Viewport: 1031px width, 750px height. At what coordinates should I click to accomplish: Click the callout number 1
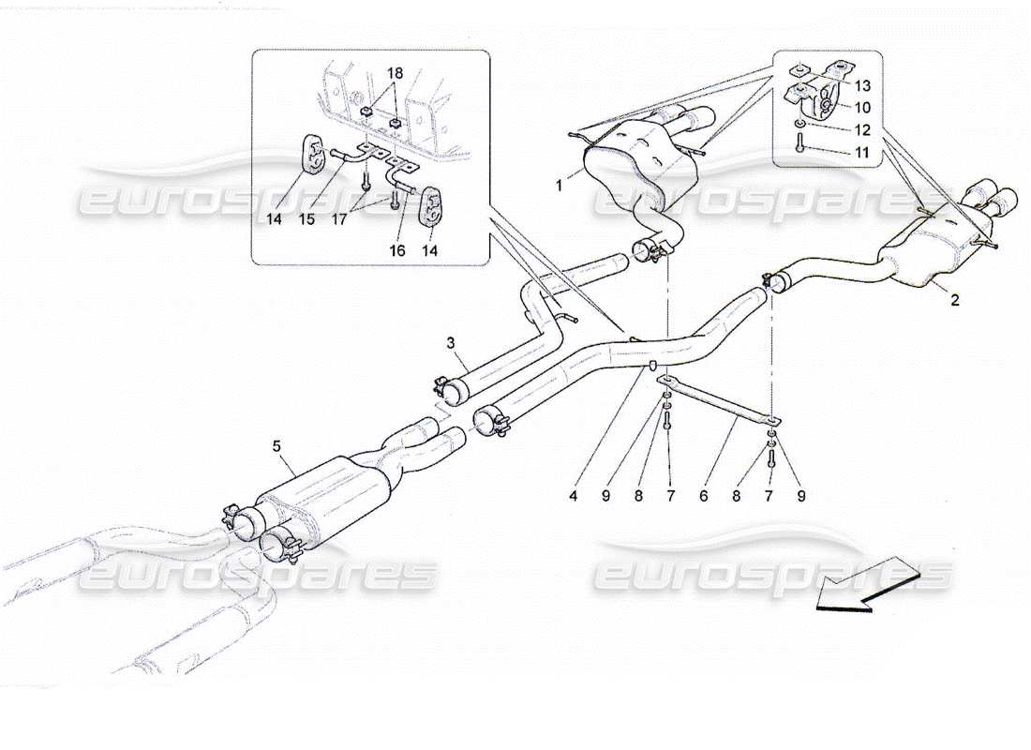(x=560, y=187)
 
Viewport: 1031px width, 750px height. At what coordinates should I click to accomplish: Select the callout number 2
(x=954, y=301)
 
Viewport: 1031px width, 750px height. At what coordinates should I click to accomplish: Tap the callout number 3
(x=450, y=345)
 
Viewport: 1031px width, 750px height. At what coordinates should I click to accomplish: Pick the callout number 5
(x=276, y=447)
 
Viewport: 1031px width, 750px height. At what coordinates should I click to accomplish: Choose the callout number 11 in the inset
(x=862, y=152)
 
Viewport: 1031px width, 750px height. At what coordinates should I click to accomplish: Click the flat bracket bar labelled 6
(x=717, y=397)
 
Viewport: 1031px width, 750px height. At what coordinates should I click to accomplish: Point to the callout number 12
(x=862, y=130)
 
